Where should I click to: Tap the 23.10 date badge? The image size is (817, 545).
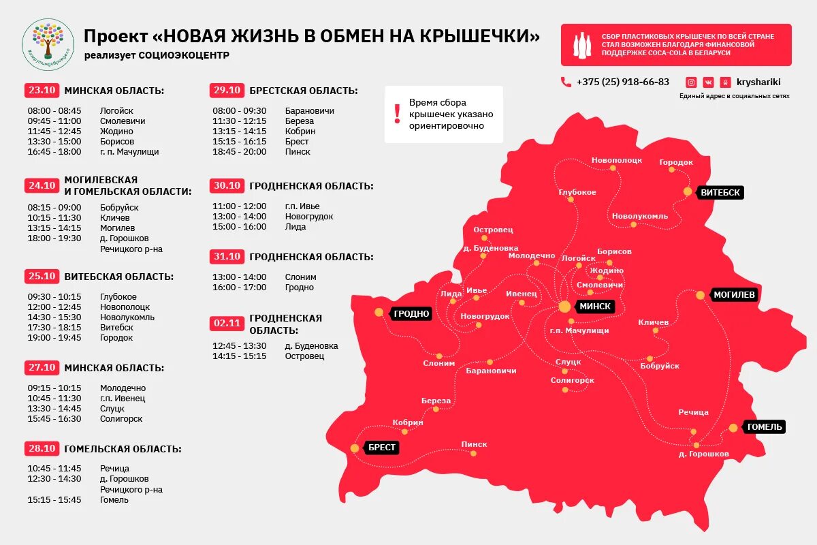coord(42,91)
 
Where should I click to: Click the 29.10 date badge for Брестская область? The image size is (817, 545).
coord(227,91)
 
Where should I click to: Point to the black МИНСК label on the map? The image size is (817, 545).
coord(595,307)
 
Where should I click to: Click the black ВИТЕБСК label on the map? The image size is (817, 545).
coord(720,193)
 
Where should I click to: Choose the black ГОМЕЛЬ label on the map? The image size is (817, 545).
coord(765,427)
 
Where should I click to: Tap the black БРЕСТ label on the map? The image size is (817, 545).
coord(382,448)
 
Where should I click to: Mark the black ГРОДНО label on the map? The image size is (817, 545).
coord(411,313)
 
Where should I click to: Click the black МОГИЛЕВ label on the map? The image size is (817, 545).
coord(735,295)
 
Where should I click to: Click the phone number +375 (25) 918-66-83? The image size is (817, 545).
coord(622,82)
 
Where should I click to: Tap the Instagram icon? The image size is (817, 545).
coord(691,82)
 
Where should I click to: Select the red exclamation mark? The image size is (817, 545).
coord(398,114)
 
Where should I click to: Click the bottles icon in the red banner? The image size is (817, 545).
coord(581,45)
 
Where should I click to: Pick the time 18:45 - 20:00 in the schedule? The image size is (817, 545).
coord(240,152)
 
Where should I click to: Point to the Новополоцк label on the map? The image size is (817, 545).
coord(616,160)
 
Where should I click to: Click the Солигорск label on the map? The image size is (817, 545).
coord(572,380)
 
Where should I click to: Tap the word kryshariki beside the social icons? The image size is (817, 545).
coord(758,82)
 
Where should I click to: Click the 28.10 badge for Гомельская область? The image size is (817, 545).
coord(42,449)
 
